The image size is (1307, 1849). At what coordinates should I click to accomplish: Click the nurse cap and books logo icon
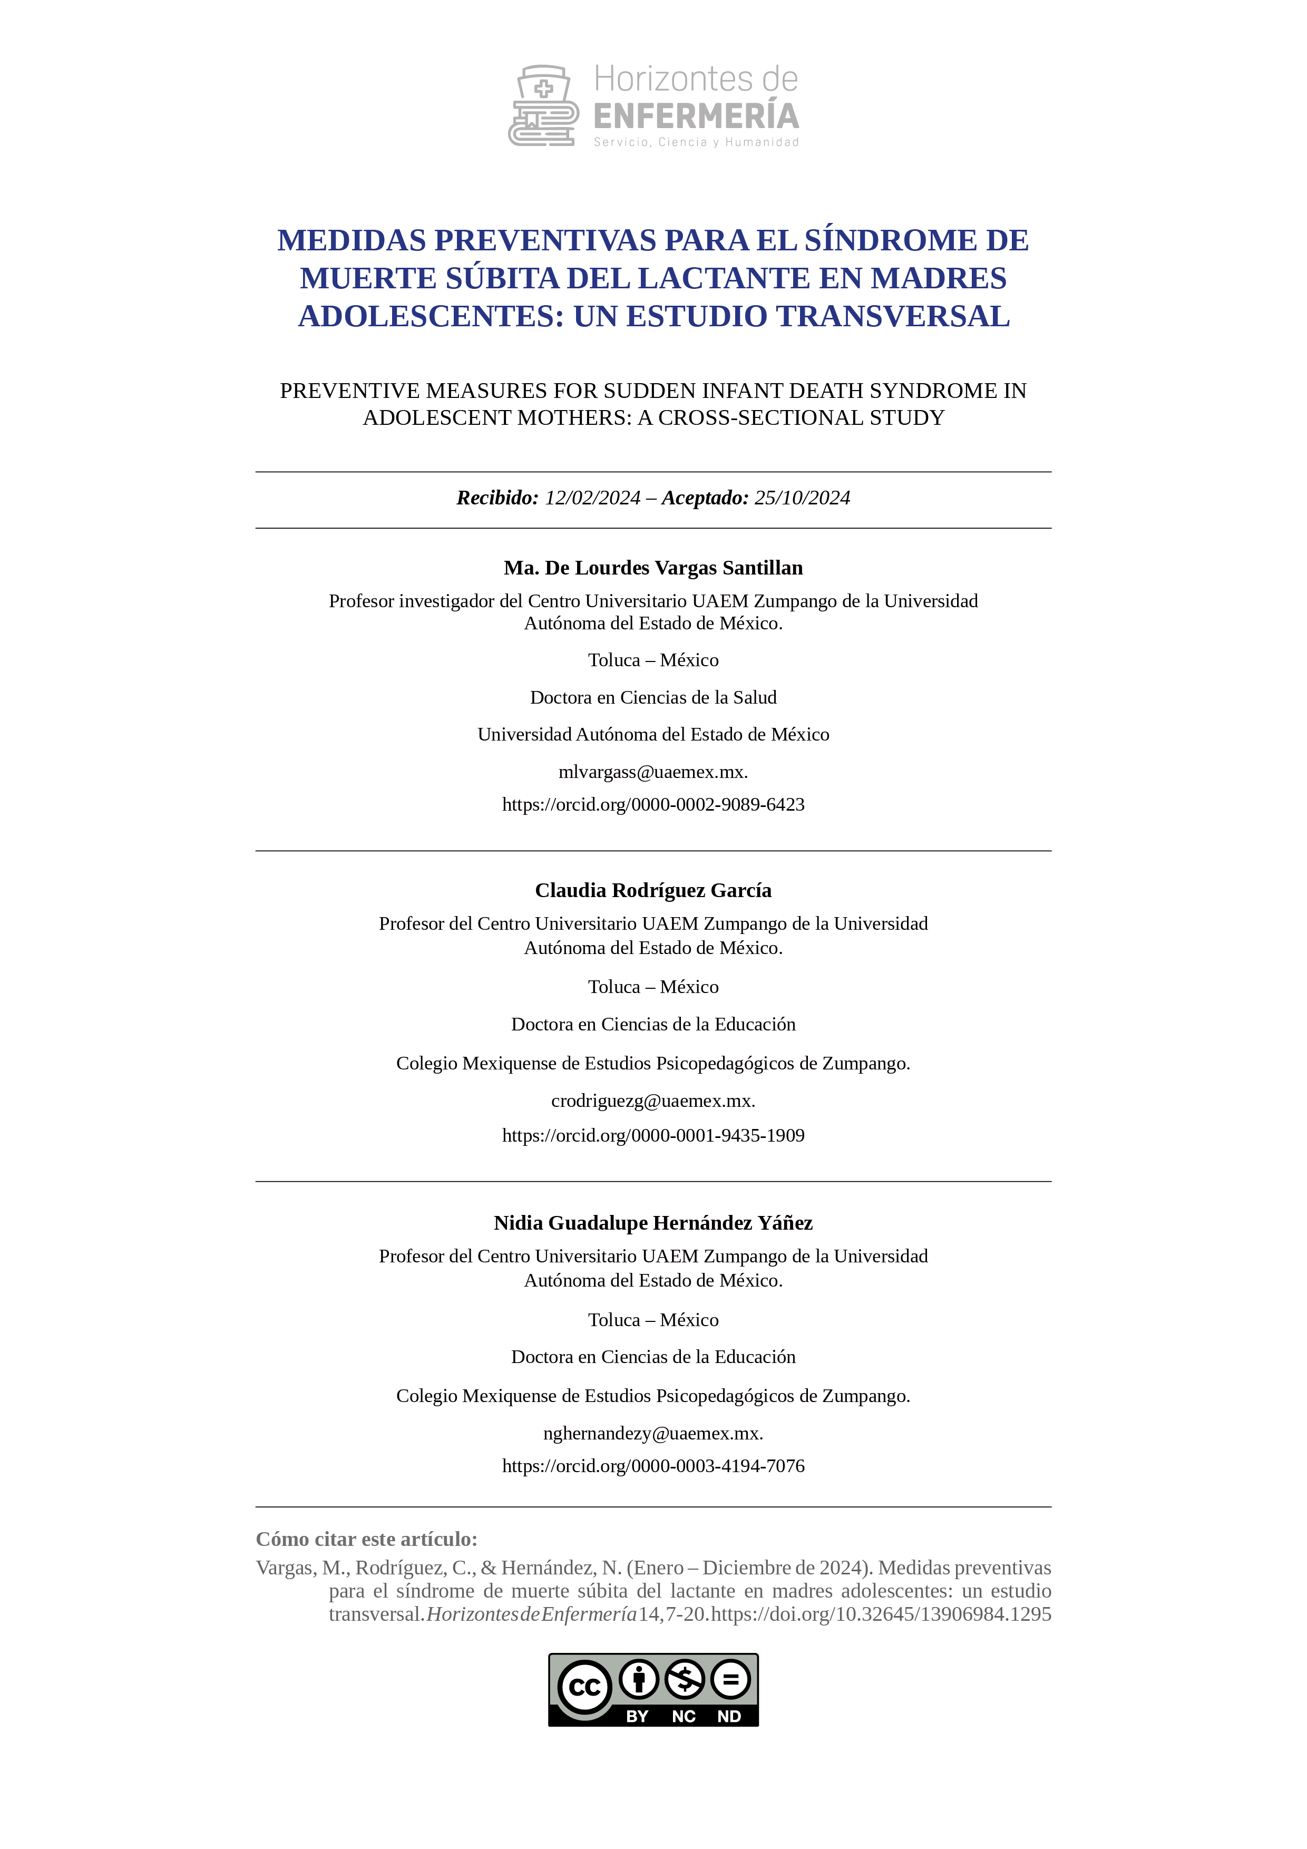tap(543, 105)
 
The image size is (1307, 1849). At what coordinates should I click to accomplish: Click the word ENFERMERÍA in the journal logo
tap(696, 117)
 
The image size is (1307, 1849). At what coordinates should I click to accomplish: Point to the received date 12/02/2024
tap(593, 499)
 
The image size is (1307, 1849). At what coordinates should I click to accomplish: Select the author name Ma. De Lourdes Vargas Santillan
tap(653, 569)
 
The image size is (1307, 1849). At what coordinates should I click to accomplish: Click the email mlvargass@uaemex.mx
tap(653, 772)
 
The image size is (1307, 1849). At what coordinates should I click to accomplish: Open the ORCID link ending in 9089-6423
tap(653, 804)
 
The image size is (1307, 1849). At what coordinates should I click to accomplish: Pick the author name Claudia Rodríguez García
tap(653, 891)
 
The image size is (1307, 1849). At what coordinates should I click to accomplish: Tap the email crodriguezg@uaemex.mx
tap(653, 1101)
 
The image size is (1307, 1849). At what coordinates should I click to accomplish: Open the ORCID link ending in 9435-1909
tap(653, 1135)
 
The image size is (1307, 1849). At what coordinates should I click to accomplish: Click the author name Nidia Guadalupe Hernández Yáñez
tap(653, 1223)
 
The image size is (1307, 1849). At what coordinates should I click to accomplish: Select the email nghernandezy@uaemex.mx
tap(653, 1434)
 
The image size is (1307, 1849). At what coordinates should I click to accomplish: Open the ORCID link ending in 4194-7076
tap(653, 1466)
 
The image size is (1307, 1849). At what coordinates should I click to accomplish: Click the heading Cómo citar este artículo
tap(366, 1540)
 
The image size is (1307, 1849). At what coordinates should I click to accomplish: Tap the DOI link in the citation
tap(881, 1614)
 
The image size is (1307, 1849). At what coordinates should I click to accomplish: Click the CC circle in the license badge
tap(584, 1687)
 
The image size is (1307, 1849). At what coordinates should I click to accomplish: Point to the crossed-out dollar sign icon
tap(685, 1680)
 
